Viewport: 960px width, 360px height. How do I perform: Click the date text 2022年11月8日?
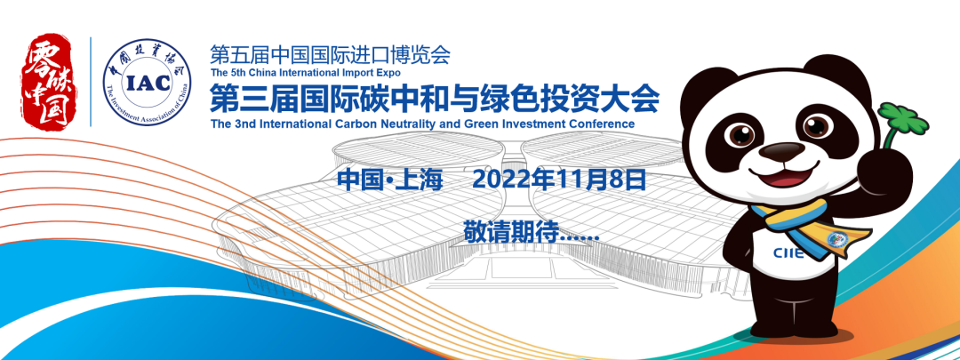pos(559,180)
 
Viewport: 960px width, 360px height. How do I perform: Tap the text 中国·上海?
pos(389,180)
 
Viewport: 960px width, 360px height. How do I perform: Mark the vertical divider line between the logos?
pos(91,82)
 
